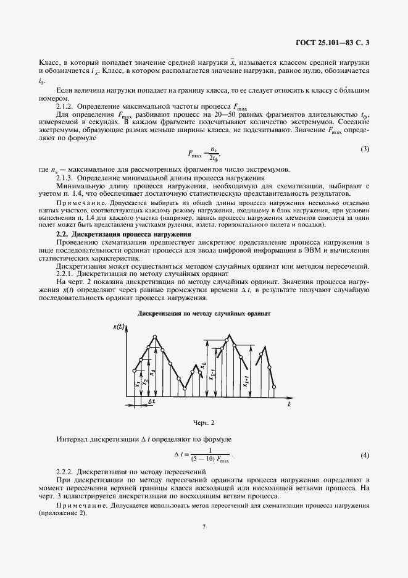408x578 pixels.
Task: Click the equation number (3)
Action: coord(365,149)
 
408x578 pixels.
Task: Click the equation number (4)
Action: coord(365,455)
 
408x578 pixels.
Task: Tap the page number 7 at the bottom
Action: coord(204,527)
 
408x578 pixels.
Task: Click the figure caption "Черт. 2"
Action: coord(204,422)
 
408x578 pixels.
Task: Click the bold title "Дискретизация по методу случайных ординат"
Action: coord(204,313)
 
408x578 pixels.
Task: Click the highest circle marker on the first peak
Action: coord(154,337)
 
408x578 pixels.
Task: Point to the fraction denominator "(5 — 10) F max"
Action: coord(209,460)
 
